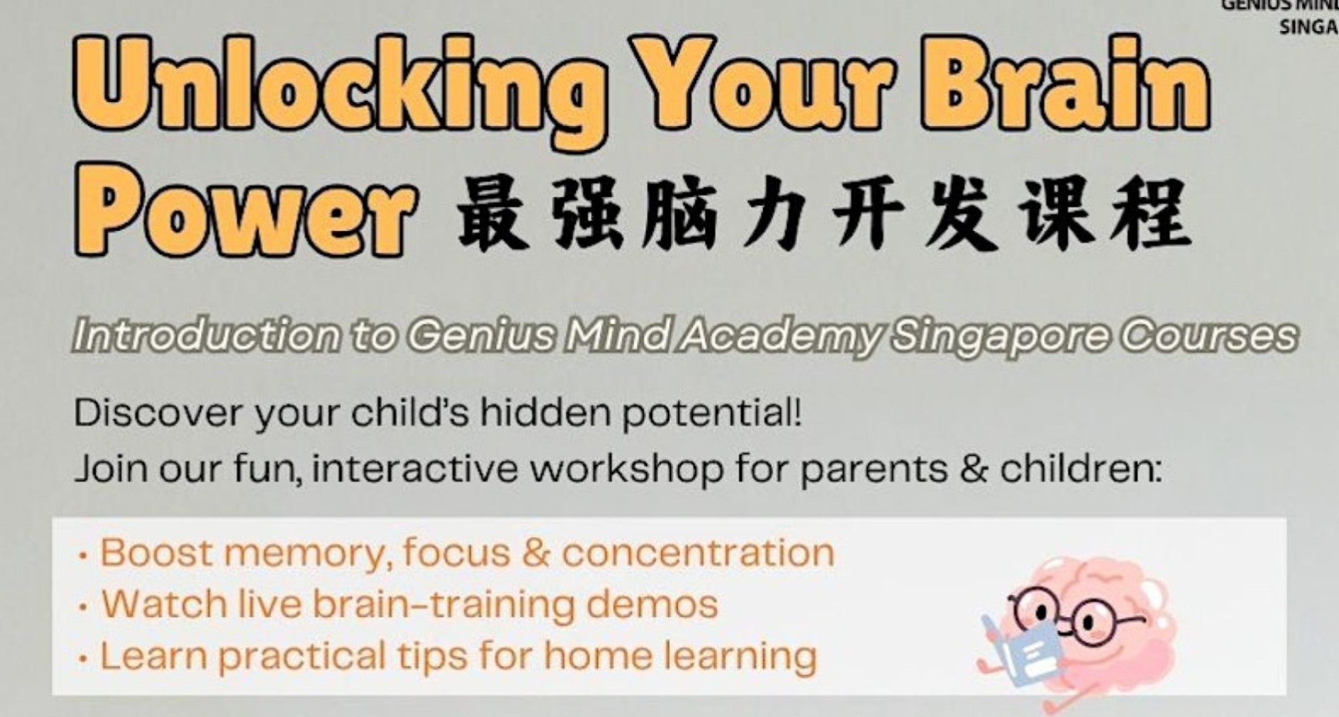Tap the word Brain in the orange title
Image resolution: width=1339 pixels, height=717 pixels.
coord(1069,83)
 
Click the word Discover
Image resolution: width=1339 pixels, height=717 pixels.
coord(158,413)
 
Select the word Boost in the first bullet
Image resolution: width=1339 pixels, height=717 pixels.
coord(157,552)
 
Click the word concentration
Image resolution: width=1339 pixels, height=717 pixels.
coord(698,552)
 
